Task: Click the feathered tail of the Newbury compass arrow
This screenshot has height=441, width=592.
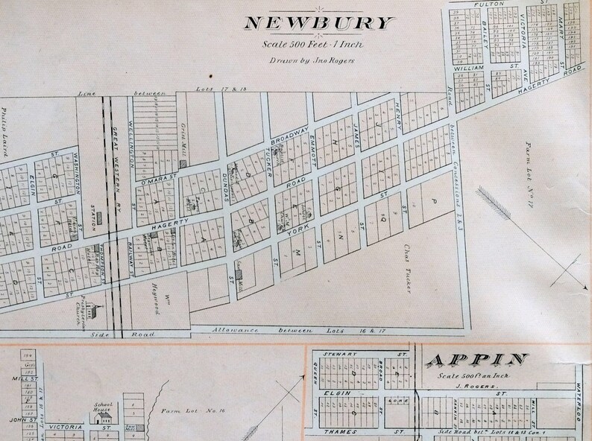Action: point(488,197)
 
